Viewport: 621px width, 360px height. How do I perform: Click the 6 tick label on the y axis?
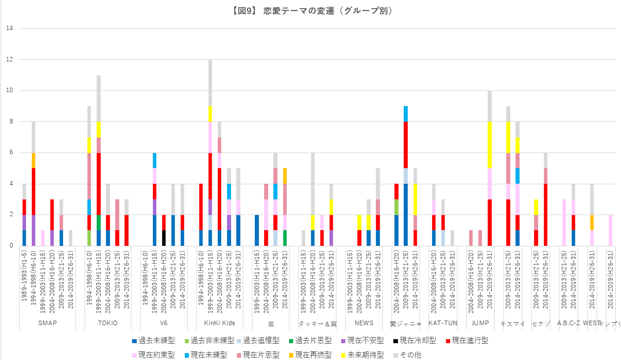click(x=9, y=153)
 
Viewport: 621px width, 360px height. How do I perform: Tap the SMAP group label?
click(x=47, y=323)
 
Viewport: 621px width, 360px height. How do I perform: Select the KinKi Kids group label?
click(x=219, y=323)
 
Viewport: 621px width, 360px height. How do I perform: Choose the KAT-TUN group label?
click(x=443, y=323)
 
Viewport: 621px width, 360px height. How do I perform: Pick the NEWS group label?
click(x=364, y=323)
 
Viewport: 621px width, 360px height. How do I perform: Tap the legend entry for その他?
click(x=408, y=354)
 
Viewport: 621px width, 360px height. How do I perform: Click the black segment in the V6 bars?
click(x=164, y=238)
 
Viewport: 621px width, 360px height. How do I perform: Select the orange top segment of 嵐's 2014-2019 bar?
click(x=284, y=176)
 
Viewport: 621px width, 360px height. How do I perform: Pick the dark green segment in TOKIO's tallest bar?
click(x=98, y=222)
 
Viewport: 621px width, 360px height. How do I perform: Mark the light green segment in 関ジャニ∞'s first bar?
click(x=396, y=207)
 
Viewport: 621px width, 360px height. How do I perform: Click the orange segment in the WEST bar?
click(x=591, y=222)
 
